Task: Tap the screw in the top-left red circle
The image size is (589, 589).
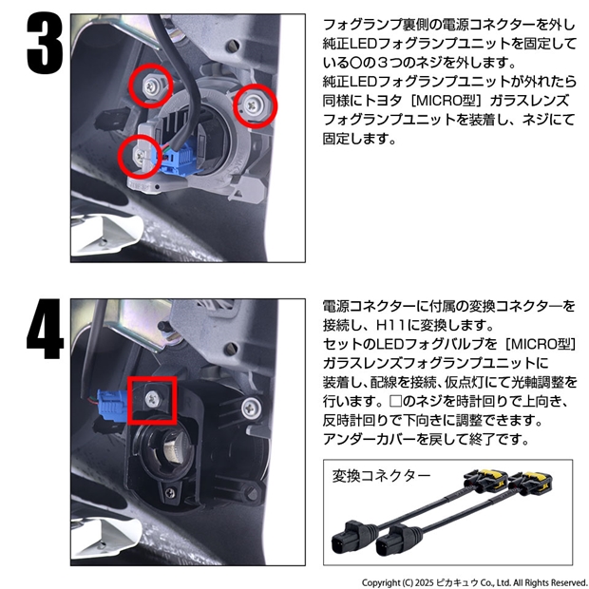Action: (x=150, y=86)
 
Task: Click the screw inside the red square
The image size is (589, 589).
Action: (x=153, y=397)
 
